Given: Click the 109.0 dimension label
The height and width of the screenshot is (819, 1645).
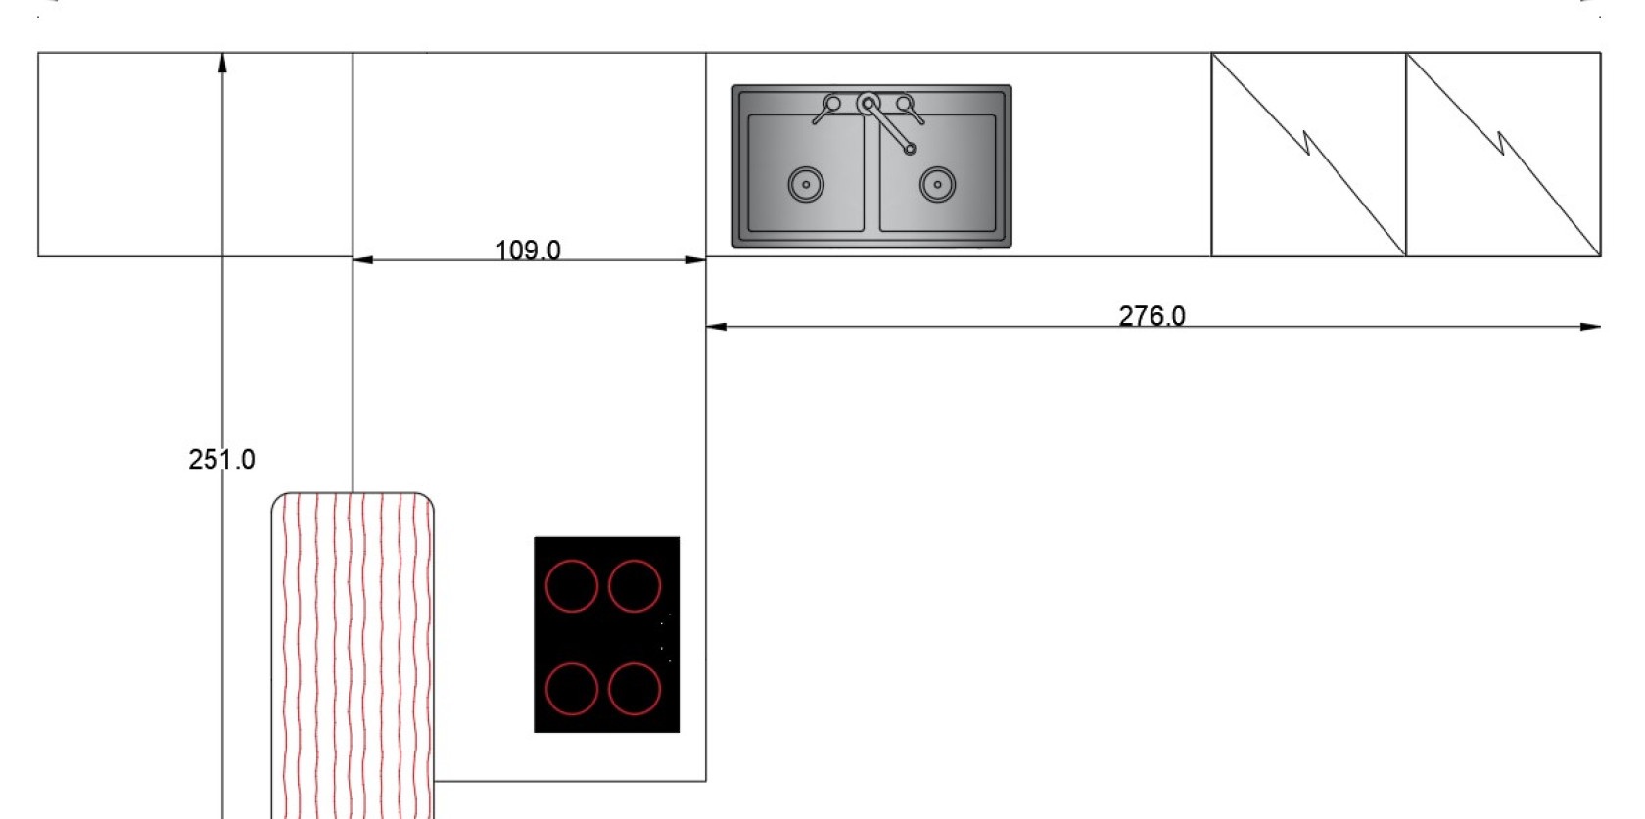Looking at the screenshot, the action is tap(528, 250).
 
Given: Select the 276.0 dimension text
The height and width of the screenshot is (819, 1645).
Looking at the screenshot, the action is tap(1151, 315).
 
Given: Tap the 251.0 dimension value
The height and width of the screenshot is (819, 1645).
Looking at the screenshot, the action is tap(221, 460).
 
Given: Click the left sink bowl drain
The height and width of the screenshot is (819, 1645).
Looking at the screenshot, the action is tap(806, 184).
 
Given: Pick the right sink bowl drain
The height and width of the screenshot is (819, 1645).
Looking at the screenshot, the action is tap(938, 184).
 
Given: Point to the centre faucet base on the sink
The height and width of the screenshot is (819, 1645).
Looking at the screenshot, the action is tap(868, 104).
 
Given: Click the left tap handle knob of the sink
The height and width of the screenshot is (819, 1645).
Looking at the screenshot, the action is tap(832, 103).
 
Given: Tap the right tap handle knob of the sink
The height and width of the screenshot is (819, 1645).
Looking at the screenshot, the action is tap(904, 103).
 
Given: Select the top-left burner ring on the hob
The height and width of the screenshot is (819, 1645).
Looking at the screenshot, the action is tap(572, 561).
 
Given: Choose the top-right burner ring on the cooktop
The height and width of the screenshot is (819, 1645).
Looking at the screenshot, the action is tap(634, 561).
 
